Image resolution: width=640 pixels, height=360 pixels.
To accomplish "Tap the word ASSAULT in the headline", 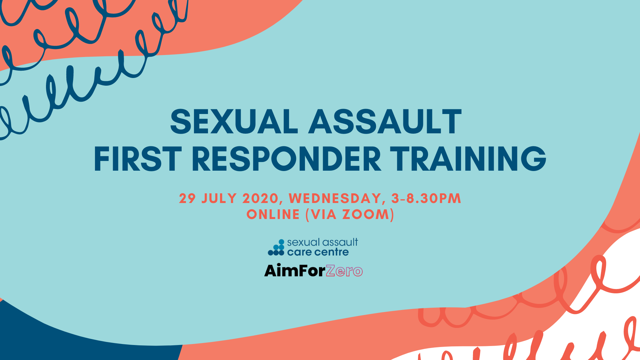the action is pos(385,122).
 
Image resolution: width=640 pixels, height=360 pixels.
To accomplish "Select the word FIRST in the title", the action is pos(138,159).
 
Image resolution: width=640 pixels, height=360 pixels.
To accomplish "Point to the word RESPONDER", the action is pos(286,159).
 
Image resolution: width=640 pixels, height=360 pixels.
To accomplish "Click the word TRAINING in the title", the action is pos(468,159).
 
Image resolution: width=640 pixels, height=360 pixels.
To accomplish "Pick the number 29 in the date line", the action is pos(187,198).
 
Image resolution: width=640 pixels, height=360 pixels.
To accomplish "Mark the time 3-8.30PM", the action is pos(426,198).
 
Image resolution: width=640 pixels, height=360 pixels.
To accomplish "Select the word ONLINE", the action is pos(273,214).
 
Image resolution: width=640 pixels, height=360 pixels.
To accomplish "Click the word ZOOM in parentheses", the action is pos(366,214).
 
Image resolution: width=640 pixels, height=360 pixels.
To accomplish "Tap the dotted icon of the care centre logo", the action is pos(276,247).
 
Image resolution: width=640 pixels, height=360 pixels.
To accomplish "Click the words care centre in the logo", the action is pos(318,252).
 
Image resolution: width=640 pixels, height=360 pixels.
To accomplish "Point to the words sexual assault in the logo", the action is pos(323,242).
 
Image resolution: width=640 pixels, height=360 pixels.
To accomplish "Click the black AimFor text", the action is pos(295,270).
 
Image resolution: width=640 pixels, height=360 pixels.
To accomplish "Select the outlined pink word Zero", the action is pos(344,271).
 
